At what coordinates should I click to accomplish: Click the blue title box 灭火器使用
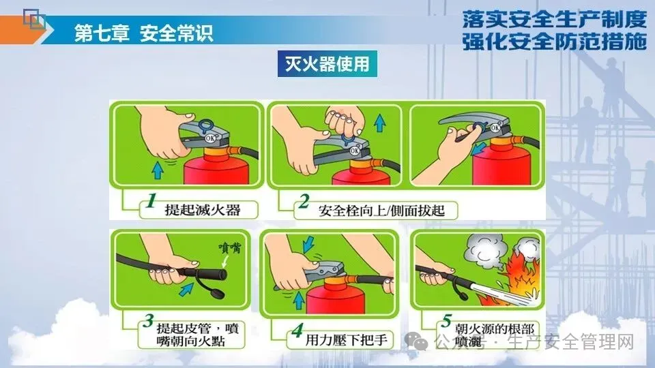click(x=327, y=64)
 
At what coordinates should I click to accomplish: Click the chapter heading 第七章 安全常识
click(x=144, y=33)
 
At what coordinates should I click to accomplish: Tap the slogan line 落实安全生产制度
click(x=554, y=19)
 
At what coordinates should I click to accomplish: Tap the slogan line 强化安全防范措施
click(x=554, y=42)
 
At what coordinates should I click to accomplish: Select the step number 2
click(x=304, y=202)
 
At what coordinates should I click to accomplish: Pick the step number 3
click(x=148, y=321)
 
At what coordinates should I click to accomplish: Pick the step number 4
click(x=297, y=331)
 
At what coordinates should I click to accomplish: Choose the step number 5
click(x=446, y=321)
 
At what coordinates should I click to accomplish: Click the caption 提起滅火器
click(x=203, y=209)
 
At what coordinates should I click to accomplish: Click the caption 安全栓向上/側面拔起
click(x=381, y=211)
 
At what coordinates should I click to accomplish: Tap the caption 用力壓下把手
click(x=347, y=340)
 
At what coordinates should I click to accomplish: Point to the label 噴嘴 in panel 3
click(x=230, y=248)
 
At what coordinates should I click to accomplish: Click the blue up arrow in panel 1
click(x=158, y=170)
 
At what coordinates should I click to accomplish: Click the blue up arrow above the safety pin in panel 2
click(x=380, y=123)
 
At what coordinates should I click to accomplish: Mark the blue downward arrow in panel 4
click(x=308, y=245)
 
